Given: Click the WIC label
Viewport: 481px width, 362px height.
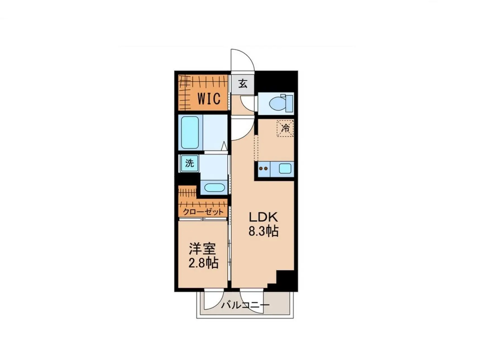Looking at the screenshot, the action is (209, 98).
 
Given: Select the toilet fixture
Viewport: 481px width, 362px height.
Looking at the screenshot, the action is (281, 103).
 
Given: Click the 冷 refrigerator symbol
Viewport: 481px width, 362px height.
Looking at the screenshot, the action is (285, 128).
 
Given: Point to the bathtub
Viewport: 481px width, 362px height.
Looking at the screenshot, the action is (190, 133).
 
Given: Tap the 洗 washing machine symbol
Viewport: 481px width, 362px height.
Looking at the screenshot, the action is (190, 163).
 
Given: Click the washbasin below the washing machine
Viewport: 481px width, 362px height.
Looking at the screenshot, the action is (214, 187).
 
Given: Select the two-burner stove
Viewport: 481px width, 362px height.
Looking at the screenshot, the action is (264, 169).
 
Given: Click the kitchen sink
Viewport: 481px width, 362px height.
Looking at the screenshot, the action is (285, 169).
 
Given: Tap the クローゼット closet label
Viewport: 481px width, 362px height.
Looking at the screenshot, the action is (203, 212).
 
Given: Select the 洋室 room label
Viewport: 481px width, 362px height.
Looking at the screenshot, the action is (202, 249).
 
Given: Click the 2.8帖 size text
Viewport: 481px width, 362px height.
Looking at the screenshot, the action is (203, 263).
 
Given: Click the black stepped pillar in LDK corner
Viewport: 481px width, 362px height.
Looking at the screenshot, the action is (282, 281).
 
